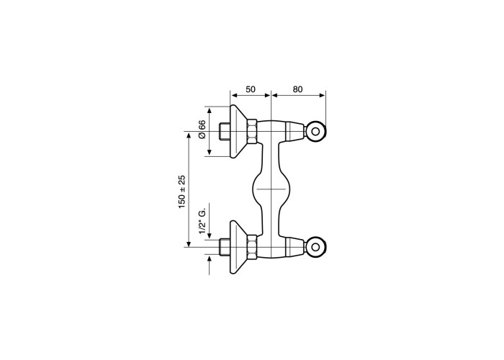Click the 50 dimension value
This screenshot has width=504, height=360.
(251, 89)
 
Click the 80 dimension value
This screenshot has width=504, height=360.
(297, 89)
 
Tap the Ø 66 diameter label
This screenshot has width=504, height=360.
(202, 130)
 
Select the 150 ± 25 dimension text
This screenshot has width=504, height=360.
(182, 192)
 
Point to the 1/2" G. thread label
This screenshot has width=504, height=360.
(202, 222)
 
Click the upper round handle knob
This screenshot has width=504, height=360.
(315, 132)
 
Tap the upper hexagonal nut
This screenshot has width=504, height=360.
(252, 132)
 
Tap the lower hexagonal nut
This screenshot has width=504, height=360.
(252, 247)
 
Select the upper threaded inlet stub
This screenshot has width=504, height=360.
(224, 132)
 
